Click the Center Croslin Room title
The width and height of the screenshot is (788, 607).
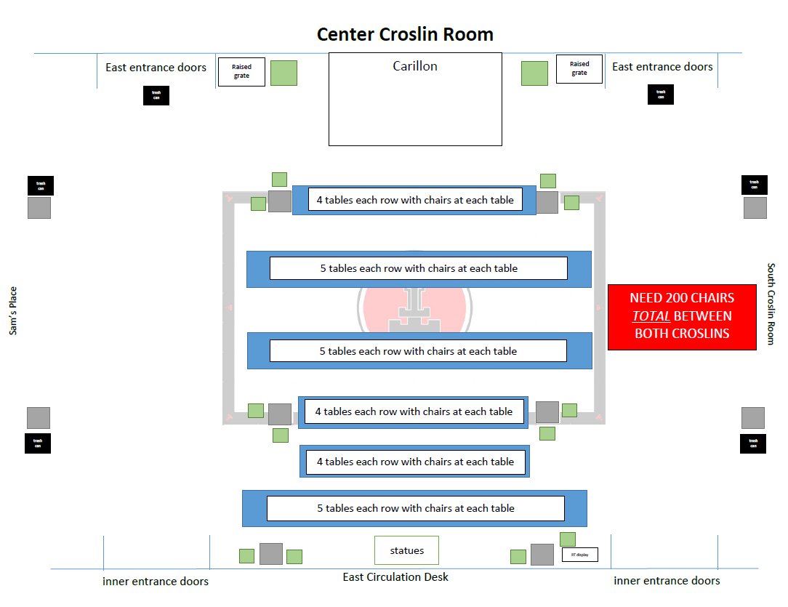(405, 34)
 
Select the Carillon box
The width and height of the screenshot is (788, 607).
(415, 99)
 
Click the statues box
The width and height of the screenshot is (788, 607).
(406, 550)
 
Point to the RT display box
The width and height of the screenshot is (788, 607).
(579, 555)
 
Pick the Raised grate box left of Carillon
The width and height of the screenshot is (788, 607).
(241, 72)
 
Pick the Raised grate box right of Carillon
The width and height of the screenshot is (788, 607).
(579, 69)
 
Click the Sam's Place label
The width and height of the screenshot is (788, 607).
(13, 311)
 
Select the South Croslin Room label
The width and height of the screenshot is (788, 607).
(771, 304)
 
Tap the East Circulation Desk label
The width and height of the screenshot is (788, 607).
(395, 577)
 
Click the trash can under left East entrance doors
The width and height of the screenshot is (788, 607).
(156, 95)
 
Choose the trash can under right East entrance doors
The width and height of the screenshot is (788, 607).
(661, 94)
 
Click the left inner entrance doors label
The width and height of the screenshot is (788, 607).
(156, 582)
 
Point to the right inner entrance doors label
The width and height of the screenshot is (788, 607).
(667, 581)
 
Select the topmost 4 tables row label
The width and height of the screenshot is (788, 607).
(415, 200)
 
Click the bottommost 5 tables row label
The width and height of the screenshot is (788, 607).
(415, 508)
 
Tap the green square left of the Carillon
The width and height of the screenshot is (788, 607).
(284, 73)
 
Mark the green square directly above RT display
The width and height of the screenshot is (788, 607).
(568, 539)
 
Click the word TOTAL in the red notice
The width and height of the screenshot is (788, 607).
(651, 316)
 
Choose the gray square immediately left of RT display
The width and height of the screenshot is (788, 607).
(542, 555)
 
